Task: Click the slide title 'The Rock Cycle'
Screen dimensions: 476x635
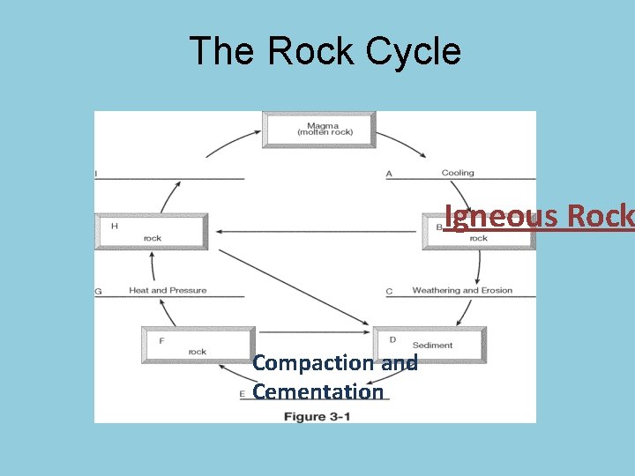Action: [325, 51]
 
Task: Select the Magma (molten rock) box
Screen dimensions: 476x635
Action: [319, 129]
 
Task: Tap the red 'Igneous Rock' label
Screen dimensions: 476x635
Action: [538, 216]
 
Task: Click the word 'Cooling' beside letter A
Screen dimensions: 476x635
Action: [458, 174]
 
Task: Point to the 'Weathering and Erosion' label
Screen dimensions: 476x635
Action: [462, 290]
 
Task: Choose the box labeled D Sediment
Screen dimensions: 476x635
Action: [430, 345]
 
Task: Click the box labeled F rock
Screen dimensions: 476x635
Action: [198, 345]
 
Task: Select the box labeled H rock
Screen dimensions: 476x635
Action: [152, 232]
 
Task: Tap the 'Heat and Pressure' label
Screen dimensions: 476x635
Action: [168, 290]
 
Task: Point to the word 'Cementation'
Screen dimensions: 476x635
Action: [318, 391]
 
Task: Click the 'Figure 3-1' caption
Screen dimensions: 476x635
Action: [317, 416]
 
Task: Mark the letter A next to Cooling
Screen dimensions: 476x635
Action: [389, 174]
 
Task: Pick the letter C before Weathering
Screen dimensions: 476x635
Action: [389, 291]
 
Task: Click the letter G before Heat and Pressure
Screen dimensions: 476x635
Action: [99, 291]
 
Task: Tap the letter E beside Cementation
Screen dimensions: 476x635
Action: [242, 393]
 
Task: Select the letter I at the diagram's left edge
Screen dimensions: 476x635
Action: [96, 174]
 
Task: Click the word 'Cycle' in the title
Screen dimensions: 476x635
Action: [414, 51]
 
